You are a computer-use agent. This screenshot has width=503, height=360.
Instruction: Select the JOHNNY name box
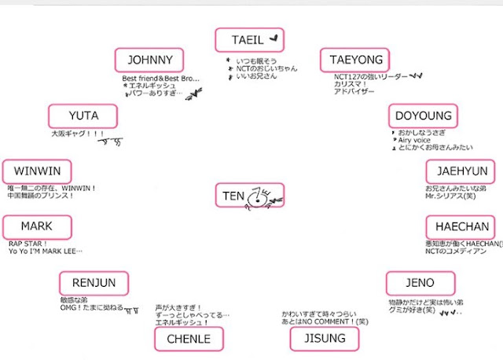[x=149, y=60]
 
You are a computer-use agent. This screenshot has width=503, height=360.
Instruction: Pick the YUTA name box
[x=84, y=116]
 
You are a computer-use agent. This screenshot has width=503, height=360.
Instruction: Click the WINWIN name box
[x=37, y=171]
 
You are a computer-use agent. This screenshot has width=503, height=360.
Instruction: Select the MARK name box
[x=37, y=227]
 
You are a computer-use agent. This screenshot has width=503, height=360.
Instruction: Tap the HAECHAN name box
[x=462, y=227]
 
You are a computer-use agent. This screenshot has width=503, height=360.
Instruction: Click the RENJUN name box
[x=94, y=283]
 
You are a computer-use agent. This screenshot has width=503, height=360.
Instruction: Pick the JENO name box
[x=420, y=283]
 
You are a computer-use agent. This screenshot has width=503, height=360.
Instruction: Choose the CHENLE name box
[x=189, y=339]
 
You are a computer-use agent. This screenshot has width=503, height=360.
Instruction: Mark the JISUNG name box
[x=324, y=339]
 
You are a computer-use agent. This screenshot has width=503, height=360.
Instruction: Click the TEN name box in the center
[x=234, y=195]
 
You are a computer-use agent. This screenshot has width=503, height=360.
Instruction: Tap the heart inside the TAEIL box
[x=274, y=37]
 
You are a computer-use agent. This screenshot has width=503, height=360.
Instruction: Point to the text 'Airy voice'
[x=417, y=141]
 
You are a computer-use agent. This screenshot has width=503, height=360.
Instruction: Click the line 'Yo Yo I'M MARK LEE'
[x=46, y=252]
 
